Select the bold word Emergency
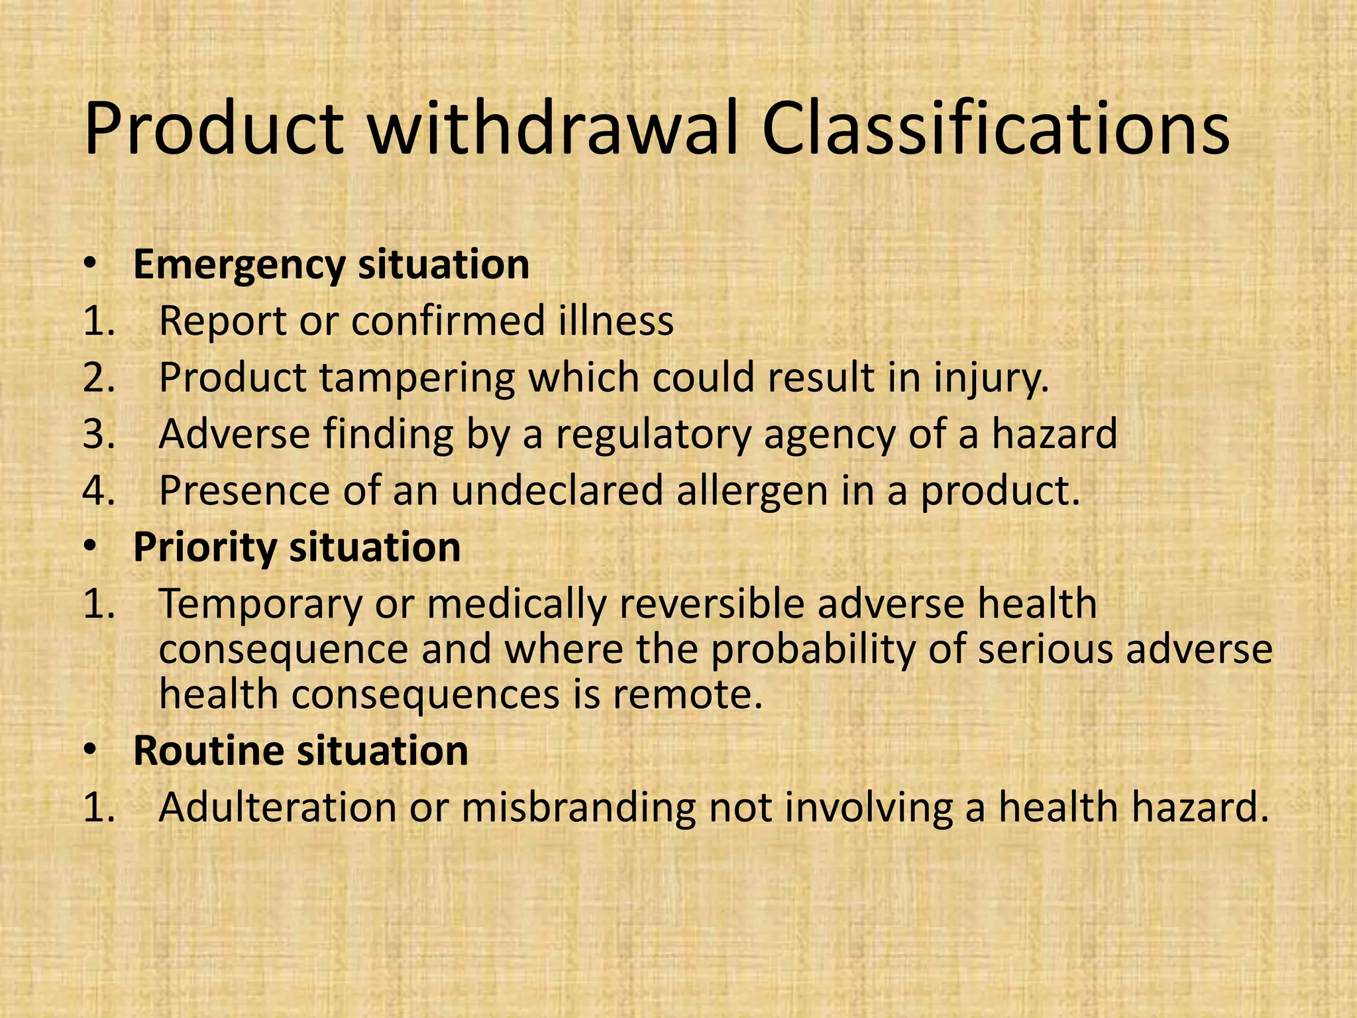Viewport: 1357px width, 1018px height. click(239, 266)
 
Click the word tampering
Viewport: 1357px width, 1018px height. click(417, 378)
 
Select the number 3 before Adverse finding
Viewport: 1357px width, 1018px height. click(98, 434)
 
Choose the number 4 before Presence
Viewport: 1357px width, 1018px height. click(98, 491)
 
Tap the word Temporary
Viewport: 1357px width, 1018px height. click(260, 605)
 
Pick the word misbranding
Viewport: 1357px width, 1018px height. click(578, 808)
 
